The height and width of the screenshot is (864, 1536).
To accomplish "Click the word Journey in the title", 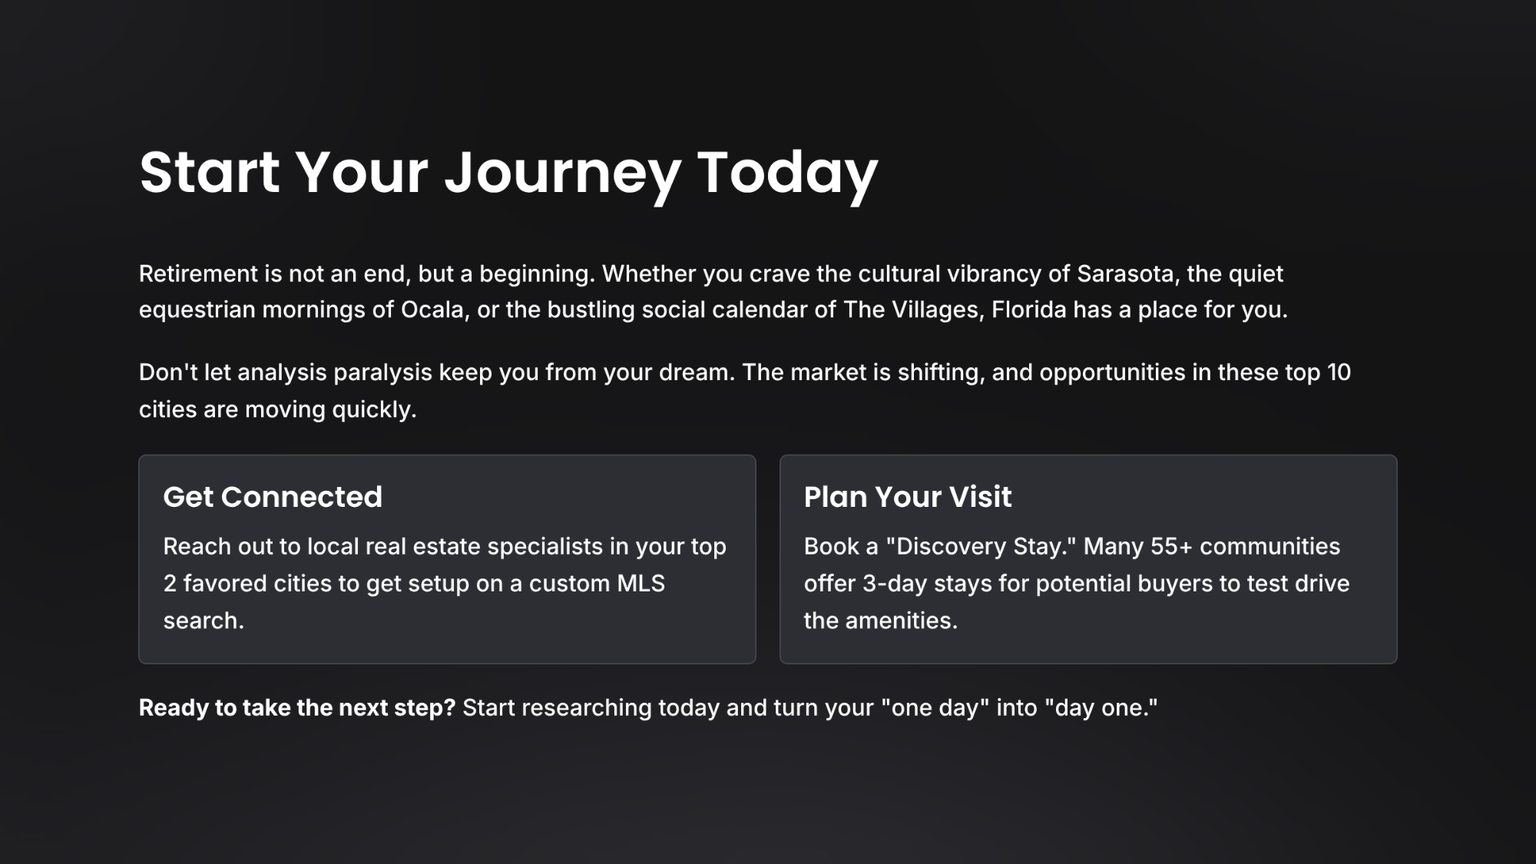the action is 562,174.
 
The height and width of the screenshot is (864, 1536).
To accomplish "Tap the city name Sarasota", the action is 1125,273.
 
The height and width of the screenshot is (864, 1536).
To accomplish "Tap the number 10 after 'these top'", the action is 1339,372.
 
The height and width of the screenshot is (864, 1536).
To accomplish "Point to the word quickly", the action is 374,410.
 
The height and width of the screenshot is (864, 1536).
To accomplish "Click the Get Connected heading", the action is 273,497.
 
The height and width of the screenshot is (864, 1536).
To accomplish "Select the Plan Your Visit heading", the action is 908,497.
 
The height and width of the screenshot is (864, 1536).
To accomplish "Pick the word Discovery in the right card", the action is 950,547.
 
